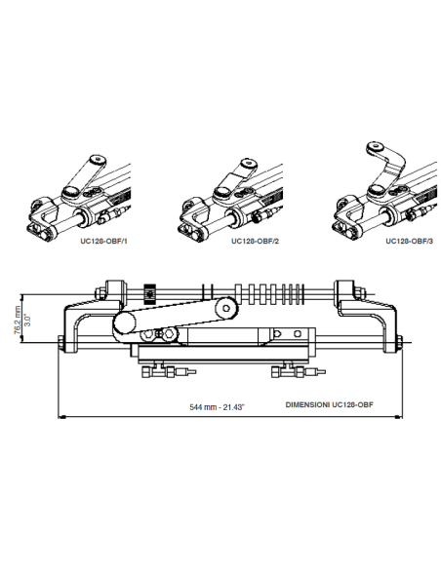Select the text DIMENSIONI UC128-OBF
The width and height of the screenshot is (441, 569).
(x=331, y=402)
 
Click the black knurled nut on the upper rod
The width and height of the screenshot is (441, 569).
(x=149, y=290)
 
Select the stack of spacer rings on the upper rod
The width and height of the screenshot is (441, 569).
(x=269, y=290)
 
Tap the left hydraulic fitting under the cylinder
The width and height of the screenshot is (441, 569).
(x=157, y=372)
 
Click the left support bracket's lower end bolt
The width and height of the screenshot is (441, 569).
(x=62, y=343)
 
